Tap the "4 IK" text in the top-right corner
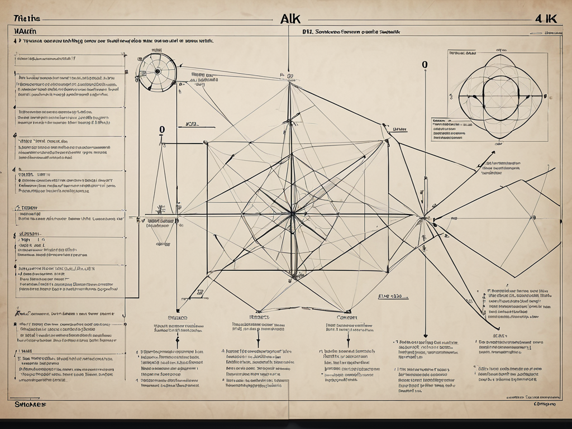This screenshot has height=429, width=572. click(x=546, y=17)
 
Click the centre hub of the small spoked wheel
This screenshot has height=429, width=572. click(x=157, y=71)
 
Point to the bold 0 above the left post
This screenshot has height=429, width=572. click(x=162, y=130)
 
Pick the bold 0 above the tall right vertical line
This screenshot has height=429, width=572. click(x=425, y=65)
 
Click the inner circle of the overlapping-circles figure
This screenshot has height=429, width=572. click(x=501, y=96)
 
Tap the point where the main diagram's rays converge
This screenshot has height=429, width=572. click(x=291, y=213)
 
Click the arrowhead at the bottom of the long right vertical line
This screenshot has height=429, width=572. click(x=425, y=334)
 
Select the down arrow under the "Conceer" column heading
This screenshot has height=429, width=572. click(x=347, y=341)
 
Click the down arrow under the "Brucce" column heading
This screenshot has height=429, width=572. click(x=178, y=341)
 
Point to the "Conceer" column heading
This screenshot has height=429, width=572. click(x=347, y=317)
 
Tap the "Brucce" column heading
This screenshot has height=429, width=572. click(x=178, y=317)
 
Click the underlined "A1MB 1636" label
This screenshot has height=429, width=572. click(x=390, y=297)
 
